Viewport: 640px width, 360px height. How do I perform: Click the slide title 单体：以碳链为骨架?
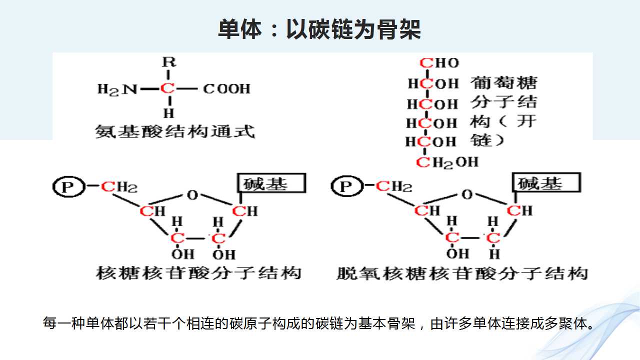(319, 29)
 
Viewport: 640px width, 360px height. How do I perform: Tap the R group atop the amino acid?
(169, 62)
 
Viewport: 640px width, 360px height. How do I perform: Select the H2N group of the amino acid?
(117, 89)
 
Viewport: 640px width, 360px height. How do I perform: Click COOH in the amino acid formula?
(226, 88)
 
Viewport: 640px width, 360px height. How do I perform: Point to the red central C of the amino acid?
(167, 88)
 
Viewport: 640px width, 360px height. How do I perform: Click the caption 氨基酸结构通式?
(175, 131)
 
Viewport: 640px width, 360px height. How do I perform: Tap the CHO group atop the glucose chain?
(439, 63)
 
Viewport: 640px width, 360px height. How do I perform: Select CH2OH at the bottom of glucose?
(447, 162)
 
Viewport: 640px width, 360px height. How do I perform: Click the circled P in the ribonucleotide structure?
(69, 187)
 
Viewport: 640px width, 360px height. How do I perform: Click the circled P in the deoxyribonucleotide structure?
(347, 186)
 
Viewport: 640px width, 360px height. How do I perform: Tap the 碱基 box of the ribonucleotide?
(271, 183)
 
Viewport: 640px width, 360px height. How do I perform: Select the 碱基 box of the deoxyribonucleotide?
(546, 182)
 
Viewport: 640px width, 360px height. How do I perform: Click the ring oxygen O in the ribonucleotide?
(192, 195)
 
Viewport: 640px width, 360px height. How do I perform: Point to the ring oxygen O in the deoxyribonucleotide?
(467, 194)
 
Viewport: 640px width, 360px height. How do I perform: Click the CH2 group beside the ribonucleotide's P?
(119, 187)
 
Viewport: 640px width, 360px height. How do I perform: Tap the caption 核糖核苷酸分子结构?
(199, 273)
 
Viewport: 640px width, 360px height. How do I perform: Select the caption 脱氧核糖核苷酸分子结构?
(462, 273)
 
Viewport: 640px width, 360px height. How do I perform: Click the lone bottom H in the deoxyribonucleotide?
(494, 254)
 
